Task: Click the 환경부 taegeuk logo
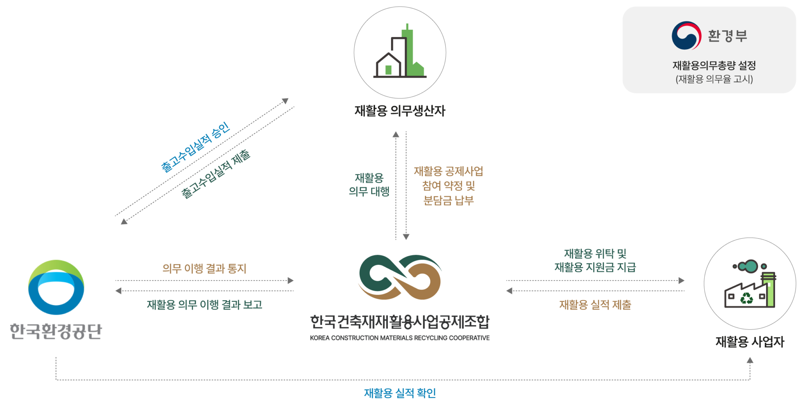point(686,35)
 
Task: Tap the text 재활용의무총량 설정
point(714,65)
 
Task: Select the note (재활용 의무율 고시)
point(714,79)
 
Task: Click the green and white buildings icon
point(400,53)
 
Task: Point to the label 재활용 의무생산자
point(400,111)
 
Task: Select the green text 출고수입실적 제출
point(216,174)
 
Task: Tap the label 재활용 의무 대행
point(369,184)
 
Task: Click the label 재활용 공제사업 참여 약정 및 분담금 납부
point(448,186)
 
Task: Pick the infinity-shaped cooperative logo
point(400,277)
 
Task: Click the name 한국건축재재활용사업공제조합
point(400,322)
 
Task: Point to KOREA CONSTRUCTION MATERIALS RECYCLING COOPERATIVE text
point(400,338)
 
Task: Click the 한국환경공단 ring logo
point(56,287)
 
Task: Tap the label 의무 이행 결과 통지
point(204,268)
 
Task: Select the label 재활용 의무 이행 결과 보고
point(204,305)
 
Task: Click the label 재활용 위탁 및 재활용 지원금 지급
point(595,260)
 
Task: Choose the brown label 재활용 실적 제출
point(595,305)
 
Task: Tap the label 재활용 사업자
point(750,342)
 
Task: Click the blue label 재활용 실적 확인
point(400,393)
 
